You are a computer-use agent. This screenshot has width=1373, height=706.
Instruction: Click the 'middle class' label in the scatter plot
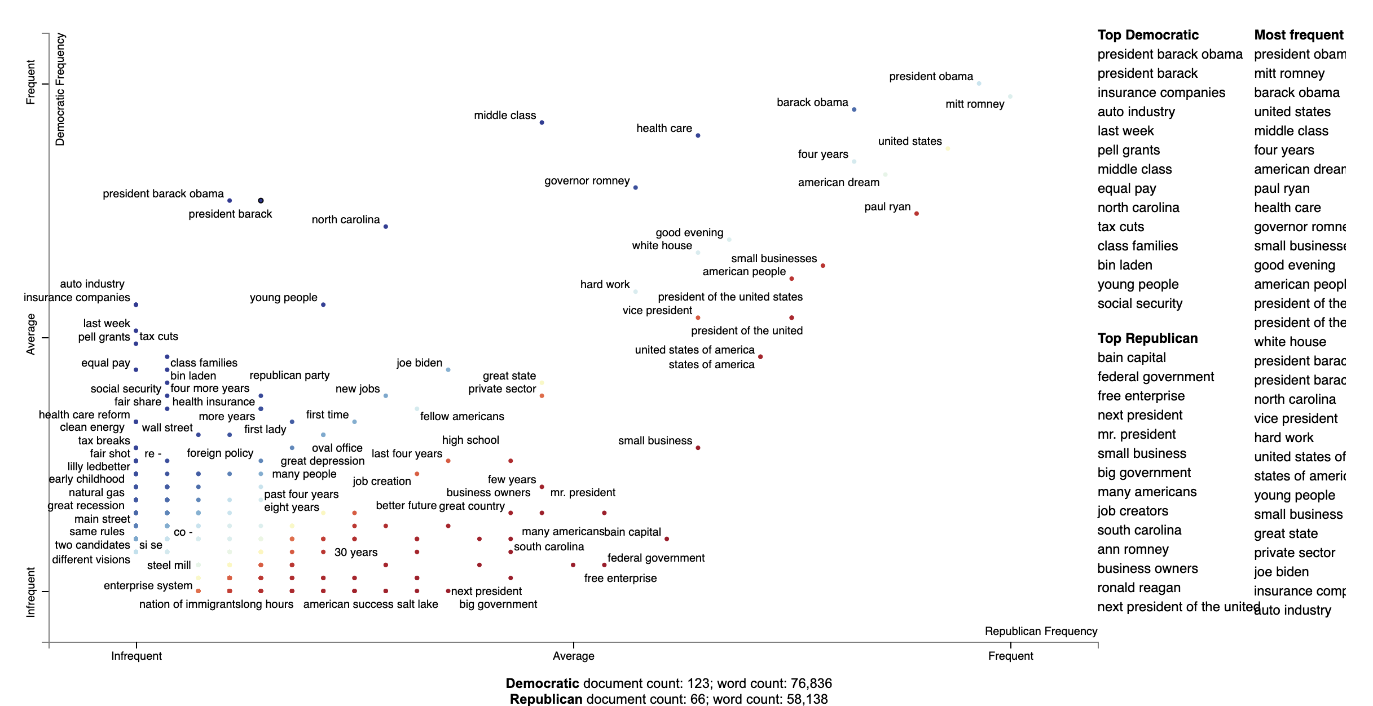(504, 116)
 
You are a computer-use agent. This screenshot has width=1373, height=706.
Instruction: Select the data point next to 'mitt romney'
(1010, 97)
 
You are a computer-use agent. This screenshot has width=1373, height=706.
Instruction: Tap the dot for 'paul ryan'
(916, 214)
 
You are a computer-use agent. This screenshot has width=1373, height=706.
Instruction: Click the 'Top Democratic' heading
(1147, 35)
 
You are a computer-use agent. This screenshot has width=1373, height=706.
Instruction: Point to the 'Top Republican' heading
(1147, 338)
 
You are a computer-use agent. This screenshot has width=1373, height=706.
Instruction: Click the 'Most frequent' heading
(1299, 35)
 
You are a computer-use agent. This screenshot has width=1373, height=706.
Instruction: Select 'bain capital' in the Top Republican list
(1131, 358)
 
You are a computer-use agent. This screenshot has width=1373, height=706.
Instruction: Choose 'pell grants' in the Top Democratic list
(1128, 150)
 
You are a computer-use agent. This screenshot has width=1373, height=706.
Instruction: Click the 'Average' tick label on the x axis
(573, 656)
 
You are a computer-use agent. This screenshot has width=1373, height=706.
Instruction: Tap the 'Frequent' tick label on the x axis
(1010, 656)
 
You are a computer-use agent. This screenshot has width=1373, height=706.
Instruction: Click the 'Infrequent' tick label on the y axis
(30, 592)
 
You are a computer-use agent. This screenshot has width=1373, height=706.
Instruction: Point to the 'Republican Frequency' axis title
(1041, 631)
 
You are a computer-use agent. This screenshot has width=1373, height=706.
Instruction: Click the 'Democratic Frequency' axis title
(60, 89)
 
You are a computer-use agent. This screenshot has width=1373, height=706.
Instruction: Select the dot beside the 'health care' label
(698, 136)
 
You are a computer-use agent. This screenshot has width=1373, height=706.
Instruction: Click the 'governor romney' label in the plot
(587, 181)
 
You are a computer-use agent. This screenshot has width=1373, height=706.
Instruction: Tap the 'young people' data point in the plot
(323, 305)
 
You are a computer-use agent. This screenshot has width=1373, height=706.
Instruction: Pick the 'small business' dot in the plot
(698, 448)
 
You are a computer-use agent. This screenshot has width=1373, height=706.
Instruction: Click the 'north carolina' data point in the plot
(386, 227)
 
